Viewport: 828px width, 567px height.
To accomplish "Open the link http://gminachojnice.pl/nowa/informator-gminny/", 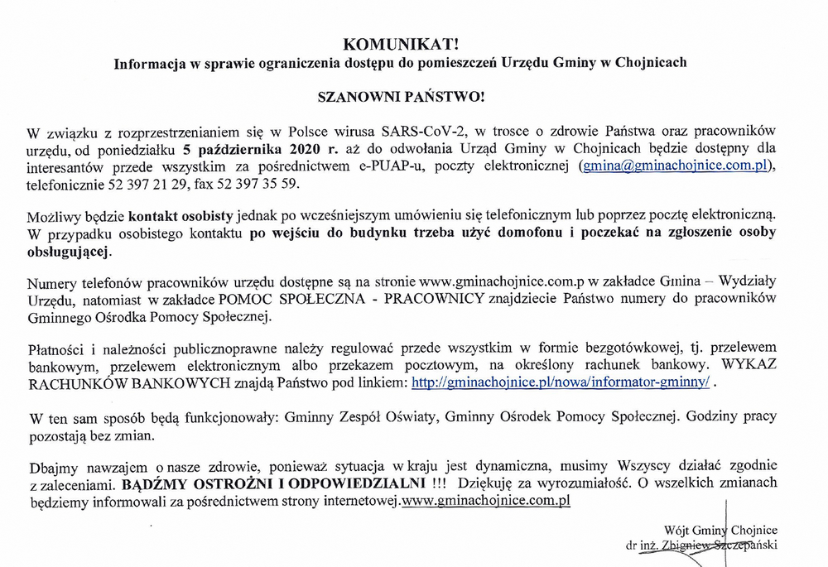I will click(561, 383).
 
